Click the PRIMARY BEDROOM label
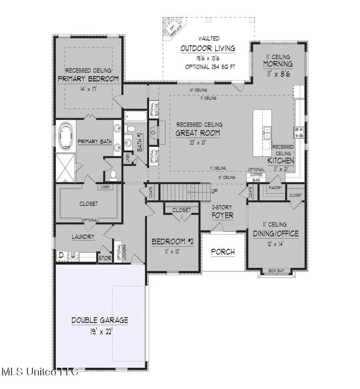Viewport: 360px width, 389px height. coord(88,79)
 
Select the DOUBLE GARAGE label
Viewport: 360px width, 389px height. coord(100,320)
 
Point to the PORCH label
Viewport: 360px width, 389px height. coord(223,252)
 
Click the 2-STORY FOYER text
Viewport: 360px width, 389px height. coord(223,212)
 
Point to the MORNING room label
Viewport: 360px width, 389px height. coord(278,64)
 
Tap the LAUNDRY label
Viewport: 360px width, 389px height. coord(84,237)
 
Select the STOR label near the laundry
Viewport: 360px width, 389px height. coord(105,258)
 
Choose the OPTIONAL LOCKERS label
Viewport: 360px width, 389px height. coord(118,252)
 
